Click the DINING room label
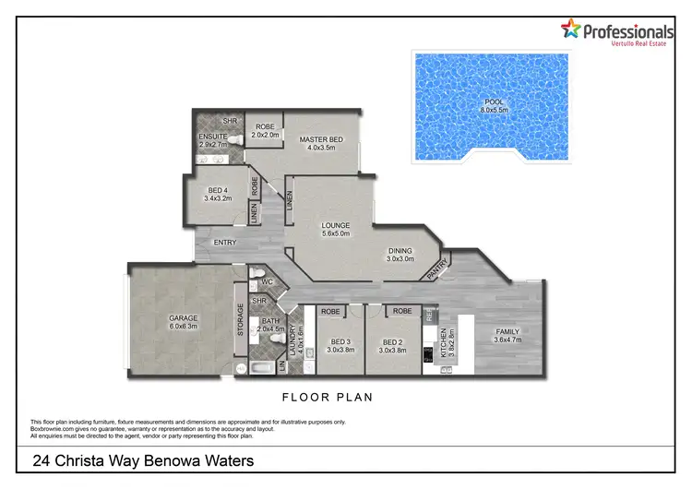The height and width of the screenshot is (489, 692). pyautogui.click(x=400, y=253)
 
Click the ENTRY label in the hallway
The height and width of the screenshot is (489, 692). pyautogui.click(x=225, y=243)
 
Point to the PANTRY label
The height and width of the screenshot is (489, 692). pyautogui.click(x=438, y=268)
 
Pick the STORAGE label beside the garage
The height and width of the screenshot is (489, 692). pyautogui.click(x=241, y=319)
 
